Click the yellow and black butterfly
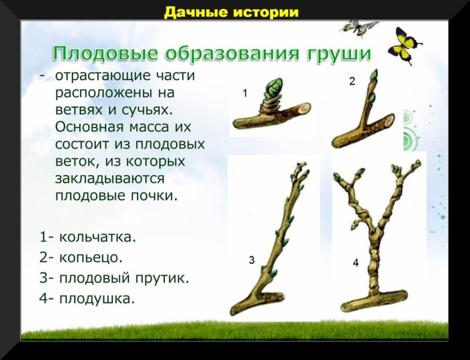404,45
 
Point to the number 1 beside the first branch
245,94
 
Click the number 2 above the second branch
352,81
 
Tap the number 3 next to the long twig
251,260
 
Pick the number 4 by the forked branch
356,263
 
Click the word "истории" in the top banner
265,13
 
